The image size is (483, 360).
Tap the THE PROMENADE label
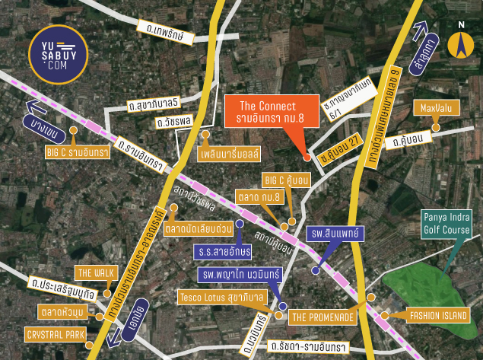322,317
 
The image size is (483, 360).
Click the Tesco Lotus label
221,297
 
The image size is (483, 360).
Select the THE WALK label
94,272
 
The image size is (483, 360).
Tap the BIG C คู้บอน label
285,180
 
